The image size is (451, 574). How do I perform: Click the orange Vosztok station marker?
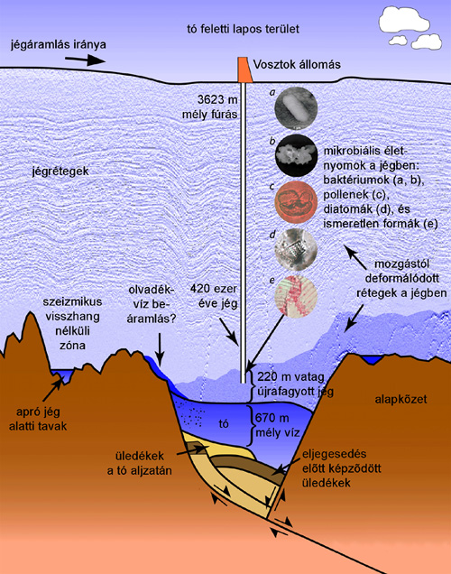point(244,69)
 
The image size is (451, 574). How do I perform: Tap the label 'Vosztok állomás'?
point(297,65)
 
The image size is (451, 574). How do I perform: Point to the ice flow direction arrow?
point(87,60)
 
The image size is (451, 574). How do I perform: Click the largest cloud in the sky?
point(404,19)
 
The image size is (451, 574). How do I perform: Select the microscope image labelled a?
point(296,108)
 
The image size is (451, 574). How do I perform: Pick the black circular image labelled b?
point(296,155)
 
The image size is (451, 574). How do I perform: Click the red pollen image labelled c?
point(296,202)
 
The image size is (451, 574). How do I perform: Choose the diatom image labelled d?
point(296,249)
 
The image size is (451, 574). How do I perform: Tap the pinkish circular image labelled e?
point(296,297)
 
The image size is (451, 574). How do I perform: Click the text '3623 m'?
point(217,99)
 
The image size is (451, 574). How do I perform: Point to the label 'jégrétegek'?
point(60,171)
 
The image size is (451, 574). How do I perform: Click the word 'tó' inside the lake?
point(224,423)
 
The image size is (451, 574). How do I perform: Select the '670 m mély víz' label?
point(277,425)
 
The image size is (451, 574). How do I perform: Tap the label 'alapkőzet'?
point(400,399)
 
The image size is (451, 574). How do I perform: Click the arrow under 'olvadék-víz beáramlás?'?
point(160,348)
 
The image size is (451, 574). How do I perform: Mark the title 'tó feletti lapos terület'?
point(243,29)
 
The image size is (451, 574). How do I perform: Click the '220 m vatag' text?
point(290,376)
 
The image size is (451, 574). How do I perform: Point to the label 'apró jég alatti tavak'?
point(38,419)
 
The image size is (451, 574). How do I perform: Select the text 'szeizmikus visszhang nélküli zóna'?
point(72,324)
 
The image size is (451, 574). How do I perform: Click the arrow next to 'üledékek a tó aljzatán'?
point(191,450)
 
